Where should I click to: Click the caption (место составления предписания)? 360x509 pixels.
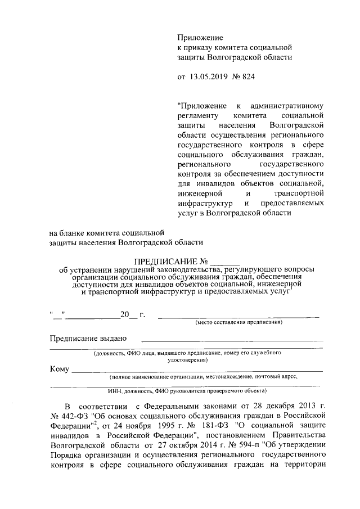click(x=238, y=323)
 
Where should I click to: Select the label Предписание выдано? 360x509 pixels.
click(x=87, y=339)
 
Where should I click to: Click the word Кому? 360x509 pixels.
click(x=59, y=370)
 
